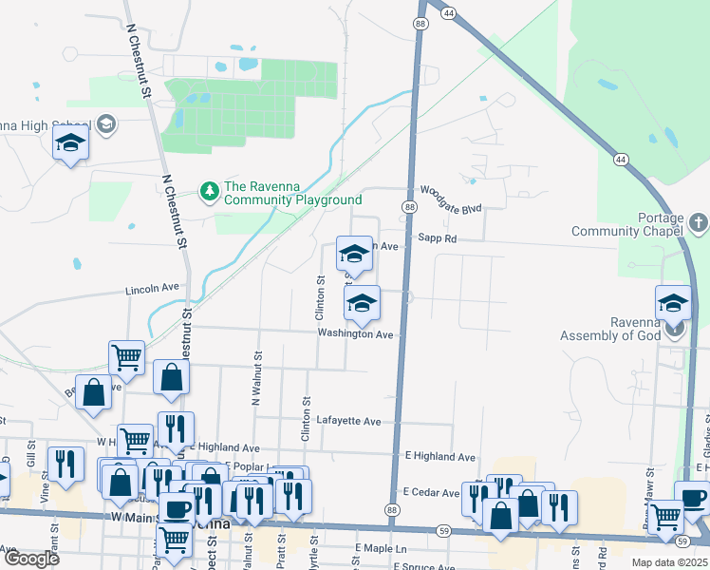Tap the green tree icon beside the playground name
pyautogui.click(x=209, y=192)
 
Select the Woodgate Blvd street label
pyautogui.click(x=452, y=191)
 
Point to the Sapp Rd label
pyautogui.click(x=438, y=239)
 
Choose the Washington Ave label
pyautogui.click(x=355, y=334)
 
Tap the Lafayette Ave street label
pyautogui.click(x=348, y=421)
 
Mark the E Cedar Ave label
pyautogui.click(x=431, y=492)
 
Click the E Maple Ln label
pyautogui.click(x=381, y=549)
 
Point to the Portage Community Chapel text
pyautogui.click(x=627, y=232)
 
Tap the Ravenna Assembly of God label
pyautogui.click(x=610, y=329)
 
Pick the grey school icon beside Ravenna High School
pyautogui.click(x=105, y=124)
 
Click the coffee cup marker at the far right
pyautogui.click(x=693, y=498)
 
